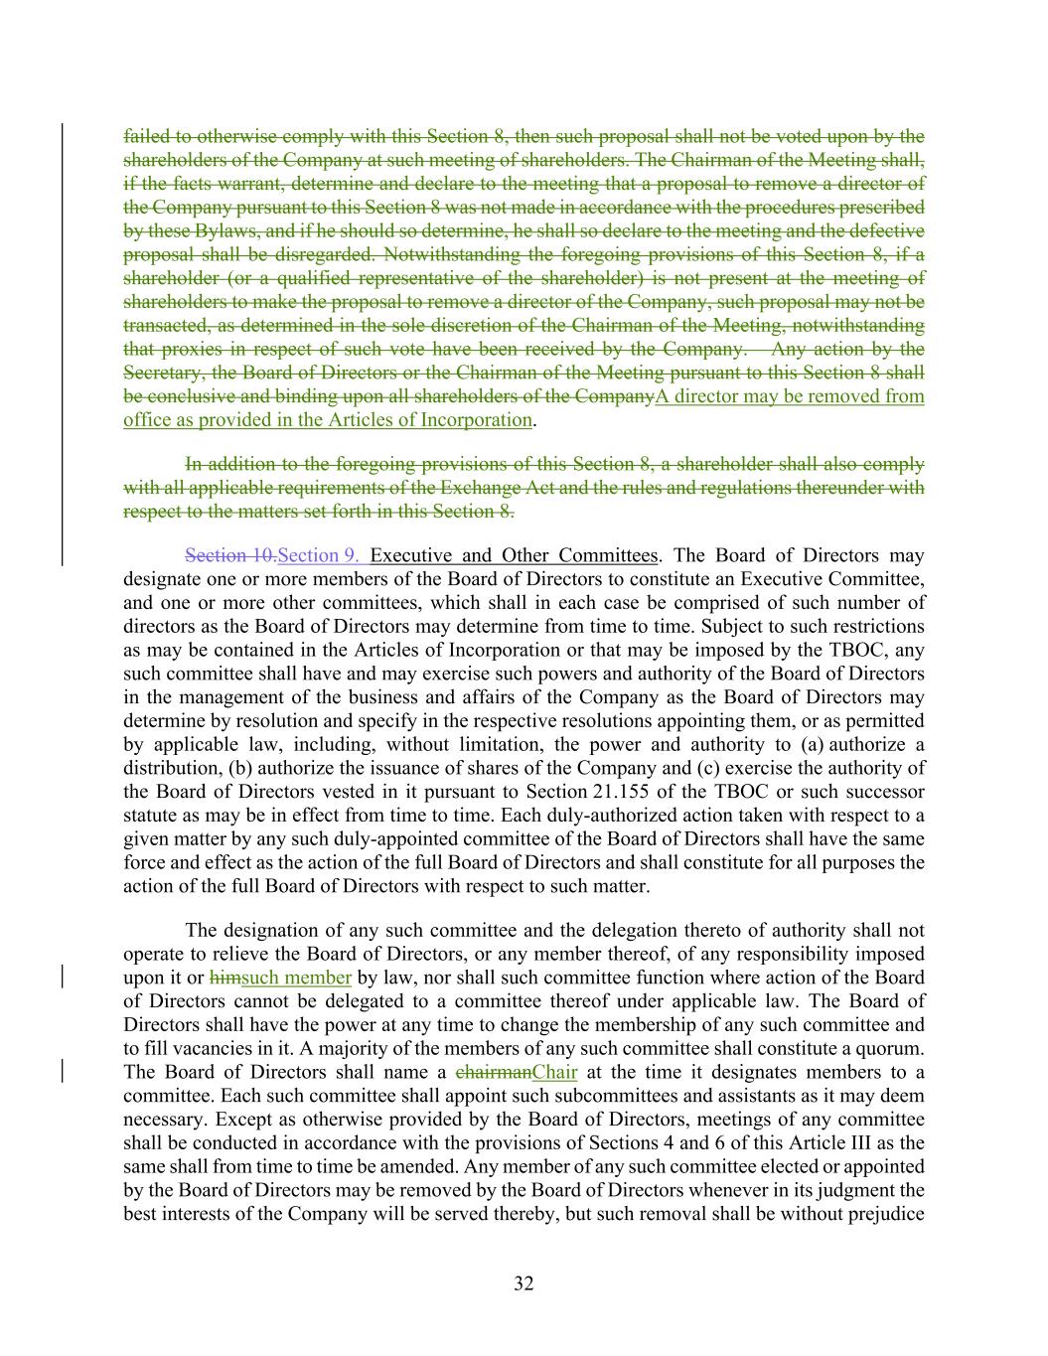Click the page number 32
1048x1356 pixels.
point(524,1283)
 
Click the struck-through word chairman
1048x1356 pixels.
point(493,1072)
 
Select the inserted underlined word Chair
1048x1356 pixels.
point(554,1072)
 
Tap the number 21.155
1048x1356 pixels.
point(620,792)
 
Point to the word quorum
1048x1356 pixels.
point(891,1048)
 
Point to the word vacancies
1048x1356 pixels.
point(216,1048)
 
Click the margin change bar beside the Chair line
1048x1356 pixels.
point(64,1072)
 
